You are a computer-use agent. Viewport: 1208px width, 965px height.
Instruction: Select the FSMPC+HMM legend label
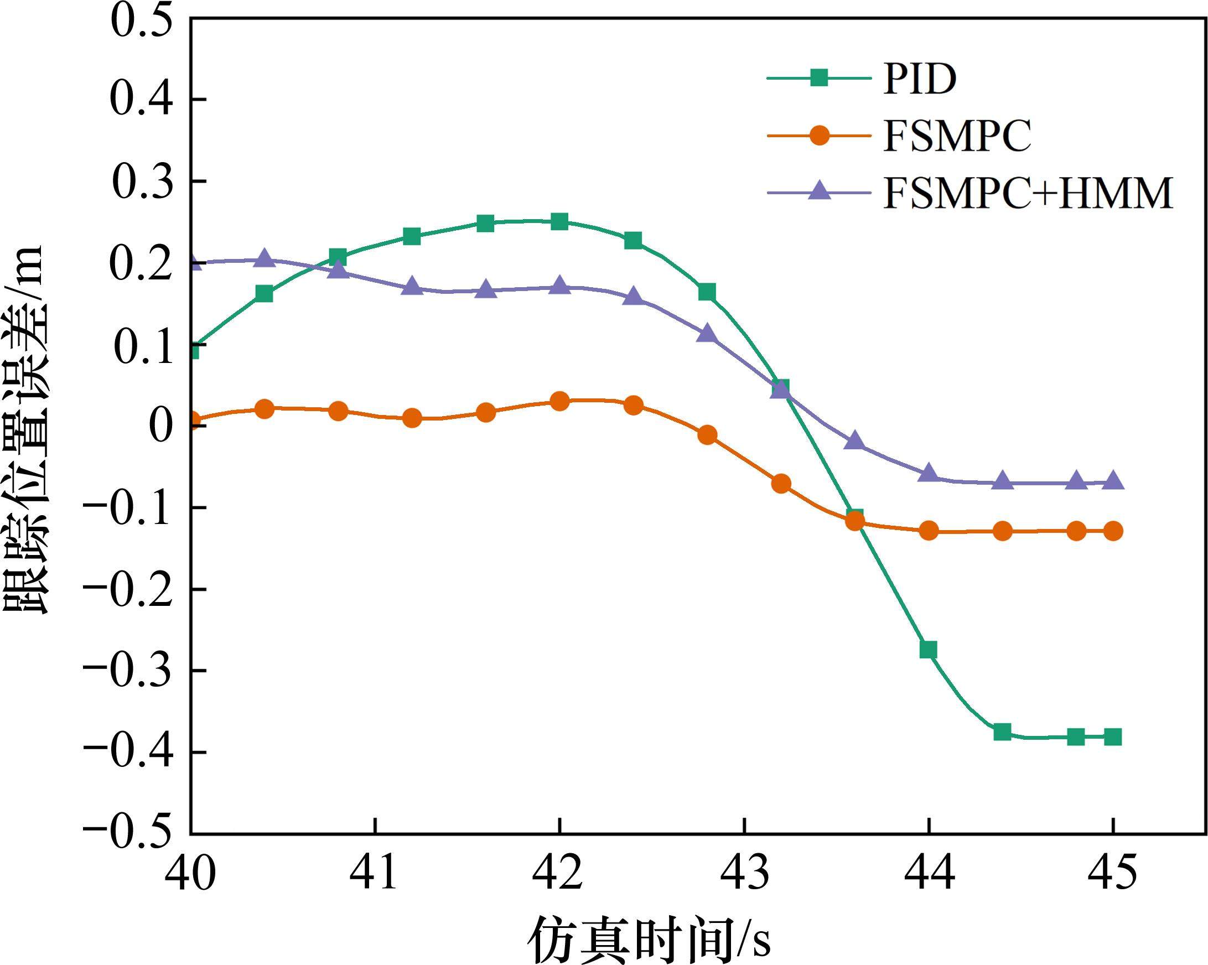1028,193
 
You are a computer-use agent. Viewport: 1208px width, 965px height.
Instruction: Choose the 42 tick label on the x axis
559,873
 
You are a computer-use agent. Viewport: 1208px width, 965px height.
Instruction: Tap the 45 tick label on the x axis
1113,873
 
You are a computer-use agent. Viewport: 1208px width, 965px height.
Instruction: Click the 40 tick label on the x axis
190,873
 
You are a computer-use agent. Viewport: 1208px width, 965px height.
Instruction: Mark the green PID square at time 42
559,221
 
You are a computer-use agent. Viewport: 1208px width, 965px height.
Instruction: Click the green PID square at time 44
929,650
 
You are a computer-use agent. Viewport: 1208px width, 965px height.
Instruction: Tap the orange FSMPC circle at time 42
559,401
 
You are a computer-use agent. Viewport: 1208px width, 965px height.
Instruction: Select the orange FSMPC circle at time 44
929,530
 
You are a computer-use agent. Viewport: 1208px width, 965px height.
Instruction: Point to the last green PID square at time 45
1113,737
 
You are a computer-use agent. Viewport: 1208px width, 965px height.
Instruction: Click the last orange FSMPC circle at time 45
1113,531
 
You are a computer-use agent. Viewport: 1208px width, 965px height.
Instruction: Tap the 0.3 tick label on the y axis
141,182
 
